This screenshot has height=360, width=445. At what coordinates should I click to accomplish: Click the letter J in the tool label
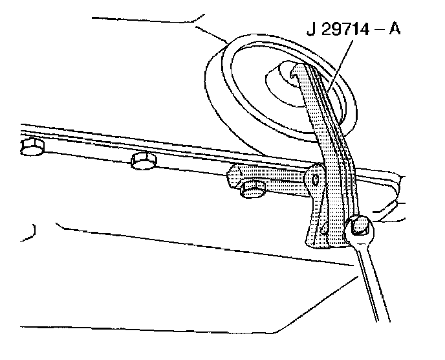(310, 30)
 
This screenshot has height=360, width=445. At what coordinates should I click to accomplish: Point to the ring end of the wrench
(360, 229)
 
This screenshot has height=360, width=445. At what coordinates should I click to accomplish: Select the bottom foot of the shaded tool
(321, 241)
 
